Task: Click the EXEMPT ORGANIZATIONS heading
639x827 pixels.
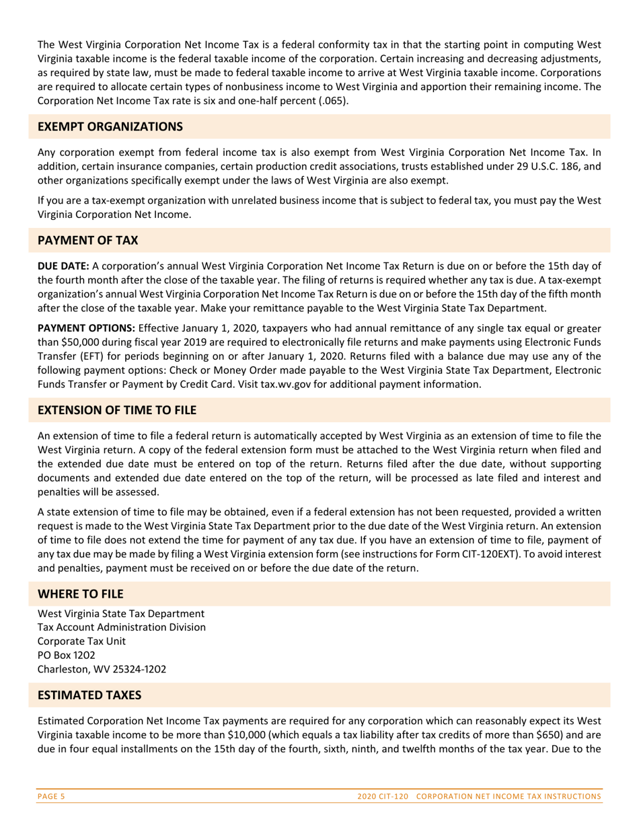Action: (110, 126)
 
